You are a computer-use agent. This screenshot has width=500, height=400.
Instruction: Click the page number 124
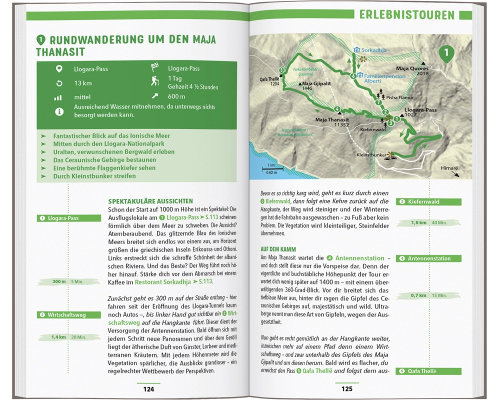point(148,389)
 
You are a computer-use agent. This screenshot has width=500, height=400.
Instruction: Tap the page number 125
point(346,389)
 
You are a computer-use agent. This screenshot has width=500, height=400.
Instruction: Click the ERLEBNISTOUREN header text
point(406,15)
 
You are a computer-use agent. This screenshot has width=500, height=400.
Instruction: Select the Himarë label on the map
point(449,168)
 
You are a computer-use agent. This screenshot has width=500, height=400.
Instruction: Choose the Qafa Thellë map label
point(270,81)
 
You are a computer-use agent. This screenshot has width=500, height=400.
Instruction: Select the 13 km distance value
point(82,83)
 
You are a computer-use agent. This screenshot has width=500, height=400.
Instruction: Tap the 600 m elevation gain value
point(176,96)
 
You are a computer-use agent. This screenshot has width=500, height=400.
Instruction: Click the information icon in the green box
point(59,111)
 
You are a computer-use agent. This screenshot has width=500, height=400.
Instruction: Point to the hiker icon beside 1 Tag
point(155,81)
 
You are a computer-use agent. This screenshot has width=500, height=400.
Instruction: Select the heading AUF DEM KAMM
point(278,249)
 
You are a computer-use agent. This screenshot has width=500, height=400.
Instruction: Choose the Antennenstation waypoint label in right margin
point(429,258)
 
